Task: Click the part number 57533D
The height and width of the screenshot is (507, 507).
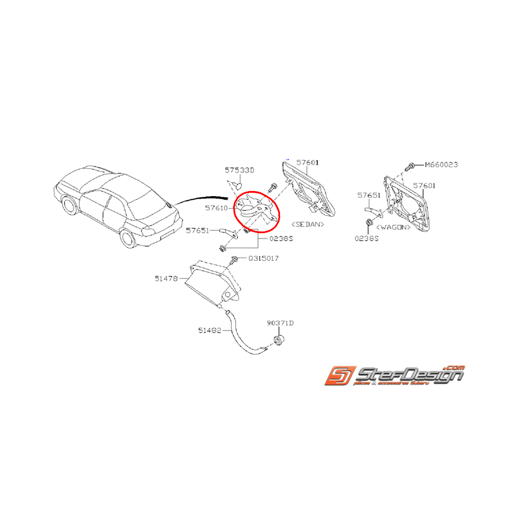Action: (239, 170)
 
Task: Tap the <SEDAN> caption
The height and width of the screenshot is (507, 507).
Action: (308, 224)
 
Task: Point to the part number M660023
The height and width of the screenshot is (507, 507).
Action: (441, 164)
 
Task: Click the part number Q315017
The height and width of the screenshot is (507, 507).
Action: (263, 258)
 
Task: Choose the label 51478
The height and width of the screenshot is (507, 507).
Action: (166, 279)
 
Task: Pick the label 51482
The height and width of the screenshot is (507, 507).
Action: (210, 329)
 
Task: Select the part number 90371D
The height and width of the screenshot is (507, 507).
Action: (280, 323)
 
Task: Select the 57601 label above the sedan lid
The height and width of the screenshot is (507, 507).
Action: (308, 162)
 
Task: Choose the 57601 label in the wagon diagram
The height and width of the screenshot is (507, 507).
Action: (424, 186)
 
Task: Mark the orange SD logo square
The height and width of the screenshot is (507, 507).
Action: (338, 376)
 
